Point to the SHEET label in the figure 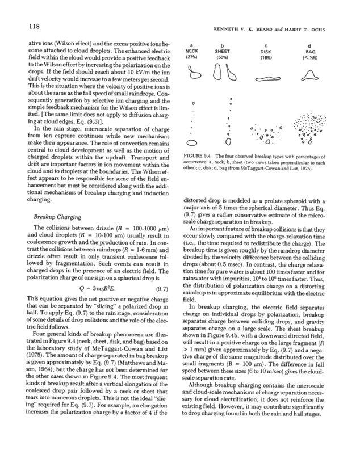pyautogui.click(x=223, y=51)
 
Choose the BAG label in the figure pyautogui.click(x=309, y=51)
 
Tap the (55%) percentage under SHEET pyautogui.click(x=223, y=57)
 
